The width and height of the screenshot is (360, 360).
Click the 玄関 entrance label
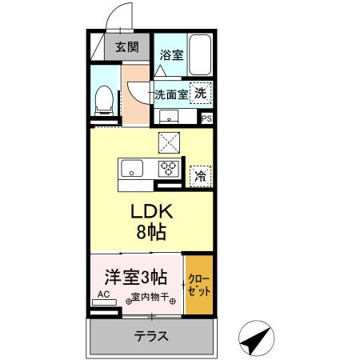(126, 46)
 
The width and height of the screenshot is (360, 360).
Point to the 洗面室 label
(171, 94)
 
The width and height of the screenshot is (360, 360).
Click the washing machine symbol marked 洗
(202, 92)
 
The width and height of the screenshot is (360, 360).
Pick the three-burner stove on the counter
(169, 169)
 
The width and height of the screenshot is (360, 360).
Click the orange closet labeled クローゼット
(199, 283)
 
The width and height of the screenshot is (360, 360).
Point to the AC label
(102, 295)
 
